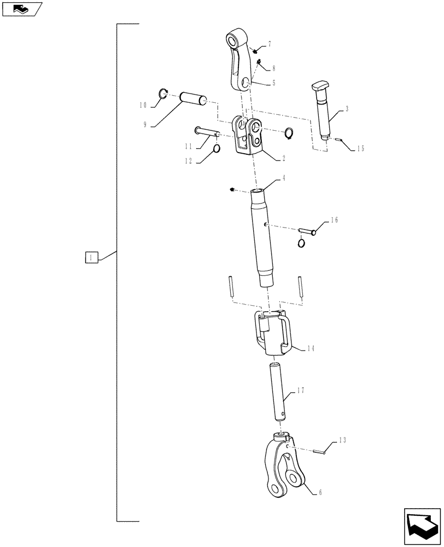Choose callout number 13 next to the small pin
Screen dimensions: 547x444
[x=342, y=440]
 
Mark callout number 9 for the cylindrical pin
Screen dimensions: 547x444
[x=145, y=125]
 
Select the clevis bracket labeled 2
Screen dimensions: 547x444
[x=249, y=137]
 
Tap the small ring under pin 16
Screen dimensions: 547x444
[x=301, y=243]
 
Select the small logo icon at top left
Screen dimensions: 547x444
[x=21, y=8]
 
